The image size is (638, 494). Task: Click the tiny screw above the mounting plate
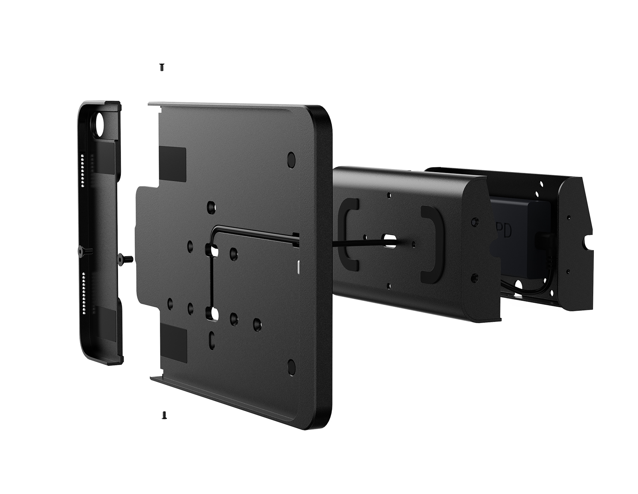click(161, 67)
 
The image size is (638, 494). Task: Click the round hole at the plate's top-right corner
click(291, 158)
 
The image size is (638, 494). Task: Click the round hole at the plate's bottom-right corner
click(291, 365)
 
